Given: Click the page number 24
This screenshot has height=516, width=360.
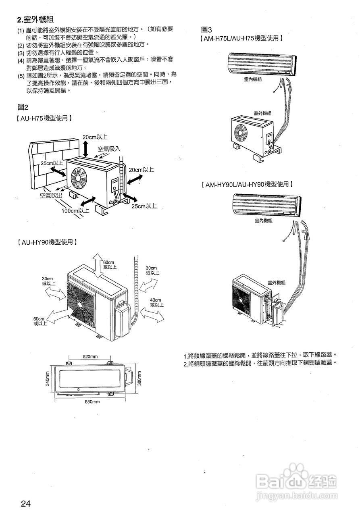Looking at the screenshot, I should [x=25, y=504].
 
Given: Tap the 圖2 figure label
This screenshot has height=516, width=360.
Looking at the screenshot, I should [x=23, y=107].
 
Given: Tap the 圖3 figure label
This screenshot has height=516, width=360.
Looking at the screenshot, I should [x=206, y=29].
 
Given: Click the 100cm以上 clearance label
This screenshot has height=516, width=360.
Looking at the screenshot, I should [x=75, y=210].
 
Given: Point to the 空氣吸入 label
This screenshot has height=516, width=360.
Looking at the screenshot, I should [x=109, y=148].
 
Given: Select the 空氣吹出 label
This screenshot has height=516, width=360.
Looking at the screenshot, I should [x=52, y=196].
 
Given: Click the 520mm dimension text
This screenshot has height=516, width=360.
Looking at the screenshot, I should [x=90, y=357].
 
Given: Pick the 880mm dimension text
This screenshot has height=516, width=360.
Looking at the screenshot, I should [x=92, y=402].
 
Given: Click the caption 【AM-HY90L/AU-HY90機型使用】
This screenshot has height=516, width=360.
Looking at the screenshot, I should [x=247, y=184].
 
